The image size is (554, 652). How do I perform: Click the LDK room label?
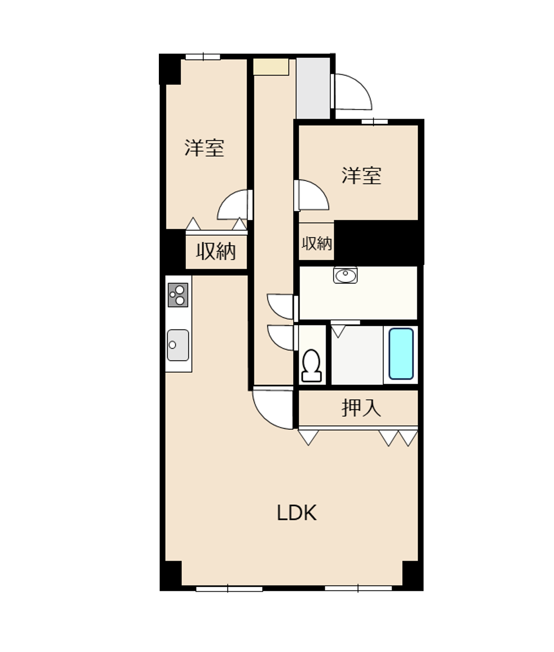[x=297, y=513]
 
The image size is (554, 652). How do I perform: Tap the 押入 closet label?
[x=361, y=407]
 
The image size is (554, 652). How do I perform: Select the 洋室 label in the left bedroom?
[x=204, y=148]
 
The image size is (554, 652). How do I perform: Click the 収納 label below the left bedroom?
[x=216, y=251]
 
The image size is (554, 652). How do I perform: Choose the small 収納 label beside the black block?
[x=317, y=244]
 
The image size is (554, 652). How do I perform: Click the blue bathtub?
[x=401, y=354]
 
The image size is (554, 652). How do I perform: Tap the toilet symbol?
[x=312, y=365]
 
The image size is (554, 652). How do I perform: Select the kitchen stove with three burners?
[x=178, y=295]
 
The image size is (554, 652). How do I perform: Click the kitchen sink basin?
[x=178, y=345]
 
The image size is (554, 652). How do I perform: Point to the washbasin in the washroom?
[x=345, y=275]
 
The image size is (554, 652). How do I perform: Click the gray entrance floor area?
[x=313, y=88]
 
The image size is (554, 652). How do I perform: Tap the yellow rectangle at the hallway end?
[x=271, y=67]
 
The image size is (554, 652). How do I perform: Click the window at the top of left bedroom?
[x=203, y=57]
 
